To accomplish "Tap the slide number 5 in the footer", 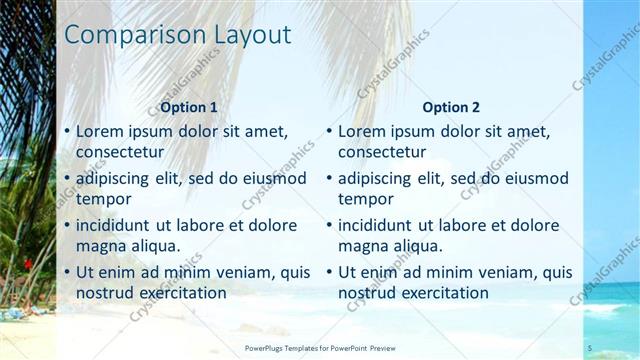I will click(x=590, y=348).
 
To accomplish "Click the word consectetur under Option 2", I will click(x=382, y=152).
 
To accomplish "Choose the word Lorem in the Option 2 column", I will click(x=361, y=131).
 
